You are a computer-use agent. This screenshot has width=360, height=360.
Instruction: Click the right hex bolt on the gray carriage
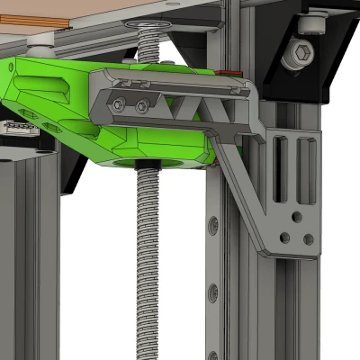click(x=141, y=107)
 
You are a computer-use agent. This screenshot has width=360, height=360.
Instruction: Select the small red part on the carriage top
click(x=237, y=73)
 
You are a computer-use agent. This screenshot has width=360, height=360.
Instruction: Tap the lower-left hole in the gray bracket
click(x=284, y=238)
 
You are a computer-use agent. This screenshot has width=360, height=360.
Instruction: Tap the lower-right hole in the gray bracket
click(x=309, y=239)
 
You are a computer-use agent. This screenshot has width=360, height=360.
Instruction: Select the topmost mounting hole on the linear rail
click(x=212, y=221)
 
